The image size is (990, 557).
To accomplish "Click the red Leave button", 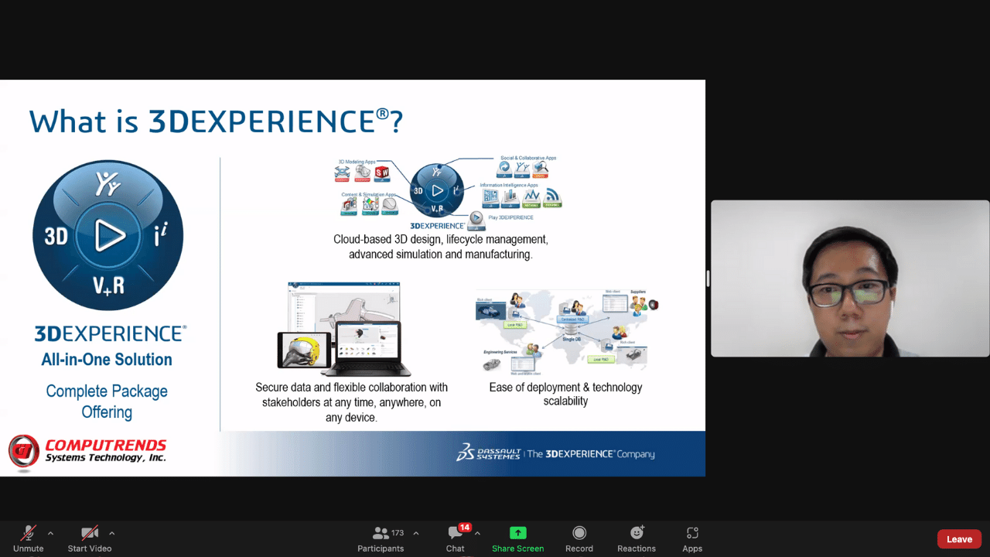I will [959, 539].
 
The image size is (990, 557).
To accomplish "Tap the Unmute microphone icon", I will [29, 533].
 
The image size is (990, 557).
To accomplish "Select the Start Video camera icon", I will [90, 533].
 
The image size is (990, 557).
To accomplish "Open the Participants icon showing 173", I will [381, 533].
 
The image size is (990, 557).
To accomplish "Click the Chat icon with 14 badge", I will [456, 533].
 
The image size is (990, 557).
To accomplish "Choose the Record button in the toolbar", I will [579, 533].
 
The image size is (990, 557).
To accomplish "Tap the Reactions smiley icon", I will [637, 533].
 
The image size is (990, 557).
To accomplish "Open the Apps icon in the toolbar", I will [692, 533].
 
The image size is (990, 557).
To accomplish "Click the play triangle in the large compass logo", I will [109, 235].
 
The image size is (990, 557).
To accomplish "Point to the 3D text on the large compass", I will [56, 236].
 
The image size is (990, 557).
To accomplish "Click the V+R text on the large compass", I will [108, 286].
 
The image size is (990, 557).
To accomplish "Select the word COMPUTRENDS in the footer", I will [106, 445].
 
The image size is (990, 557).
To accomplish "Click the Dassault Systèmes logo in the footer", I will [487, 453].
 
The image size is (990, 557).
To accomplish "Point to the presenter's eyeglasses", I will [848, 292].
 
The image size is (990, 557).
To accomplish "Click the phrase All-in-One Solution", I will [107, 360].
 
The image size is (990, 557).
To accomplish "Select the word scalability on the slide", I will [565, 402].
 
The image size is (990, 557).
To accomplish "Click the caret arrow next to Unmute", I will [50, 533].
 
